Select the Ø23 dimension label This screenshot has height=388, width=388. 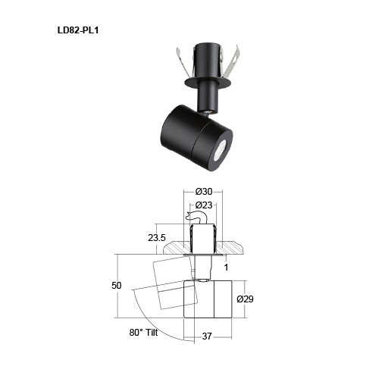203,205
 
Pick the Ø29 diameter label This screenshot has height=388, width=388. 246,299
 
